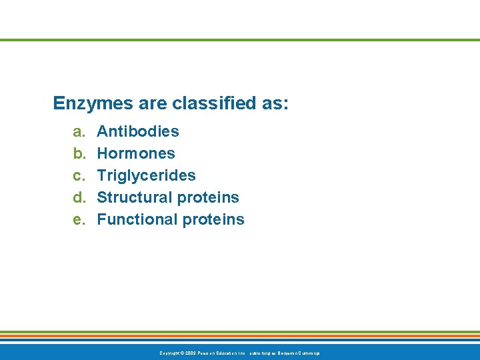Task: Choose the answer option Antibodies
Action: [x=138, y=131]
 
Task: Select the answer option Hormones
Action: [x=136, y=153]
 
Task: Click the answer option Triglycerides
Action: [x=147, y=175]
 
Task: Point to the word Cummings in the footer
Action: [x=307, y=353]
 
